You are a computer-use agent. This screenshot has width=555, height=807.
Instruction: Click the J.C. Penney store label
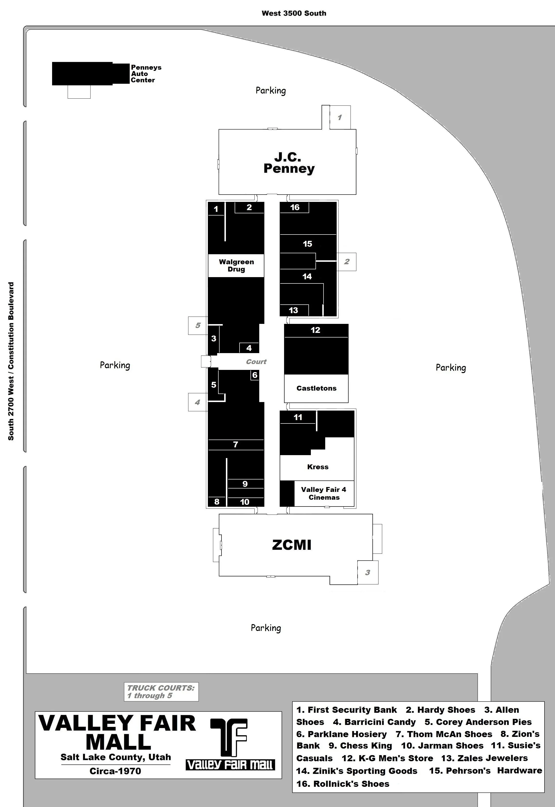(289, 163)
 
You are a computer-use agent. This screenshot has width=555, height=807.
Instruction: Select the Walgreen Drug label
(236, 265)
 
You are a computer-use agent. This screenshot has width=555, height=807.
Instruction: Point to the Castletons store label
(316, 388)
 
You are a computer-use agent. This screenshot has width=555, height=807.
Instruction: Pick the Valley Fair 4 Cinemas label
(324, 494)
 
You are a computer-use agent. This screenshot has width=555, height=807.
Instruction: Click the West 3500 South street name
(294, 13)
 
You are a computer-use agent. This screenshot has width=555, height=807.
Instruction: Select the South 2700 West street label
(11, 361)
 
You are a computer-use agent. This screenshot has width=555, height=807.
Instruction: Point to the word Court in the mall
(256, 362)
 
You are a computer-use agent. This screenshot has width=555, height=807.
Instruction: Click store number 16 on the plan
(295, 207)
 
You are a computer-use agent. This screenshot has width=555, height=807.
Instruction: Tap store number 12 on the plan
(315, 330)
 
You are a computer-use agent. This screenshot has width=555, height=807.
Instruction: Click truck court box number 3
(368, 572)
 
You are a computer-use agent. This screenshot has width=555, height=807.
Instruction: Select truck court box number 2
(347, 262)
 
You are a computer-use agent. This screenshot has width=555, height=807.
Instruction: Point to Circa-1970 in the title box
(115, 771)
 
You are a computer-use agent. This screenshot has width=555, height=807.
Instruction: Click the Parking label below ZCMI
(266, 628)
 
